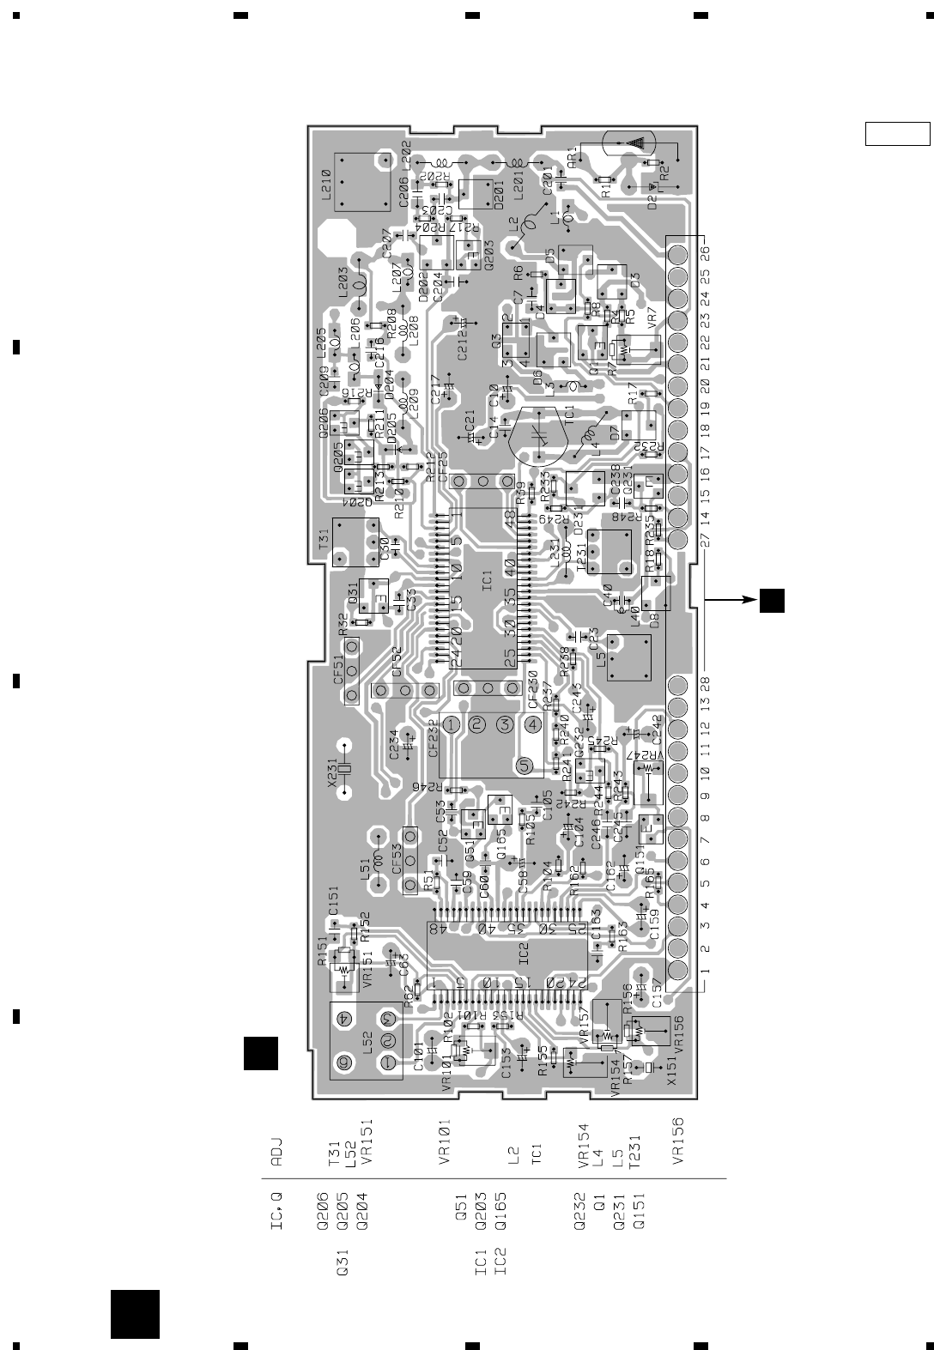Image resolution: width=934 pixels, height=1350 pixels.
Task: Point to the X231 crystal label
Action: (x=333, y=769)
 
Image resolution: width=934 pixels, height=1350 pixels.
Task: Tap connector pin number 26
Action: (x=705, y=255)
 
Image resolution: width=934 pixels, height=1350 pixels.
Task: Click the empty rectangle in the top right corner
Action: (x=897, y=135)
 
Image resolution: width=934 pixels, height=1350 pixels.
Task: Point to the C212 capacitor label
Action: (x=462, y=345)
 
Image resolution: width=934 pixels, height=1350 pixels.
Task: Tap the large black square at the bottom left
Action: (x=136, y=1314)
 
